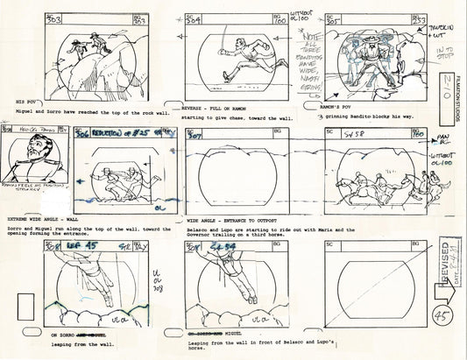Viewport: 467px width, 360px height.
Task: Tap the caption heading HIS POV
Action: tap(18, 102)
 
